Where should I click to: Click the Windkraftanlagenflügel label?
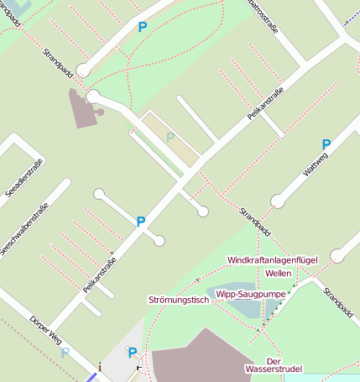pos(272,260)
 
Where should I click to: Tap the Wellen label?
pos(278,274)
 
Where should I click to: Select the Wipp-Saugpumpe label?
pos(251,294)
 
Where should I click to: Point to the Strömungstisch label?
pos(177,299)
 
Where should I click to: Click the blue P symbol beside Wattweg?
pos(326,144)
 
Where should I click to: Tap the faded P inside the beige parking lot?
pos(170,138)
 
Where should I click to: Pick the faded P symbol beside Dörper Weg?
pos(65,353)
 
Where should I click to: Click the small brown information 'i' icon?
pos(100,366)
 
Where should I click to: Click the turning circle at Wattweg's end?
pos(278,201)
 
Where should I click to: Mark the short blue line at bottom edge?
pos(91,378)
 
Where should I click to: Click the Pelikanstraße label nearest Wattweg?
pos(262,106)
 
